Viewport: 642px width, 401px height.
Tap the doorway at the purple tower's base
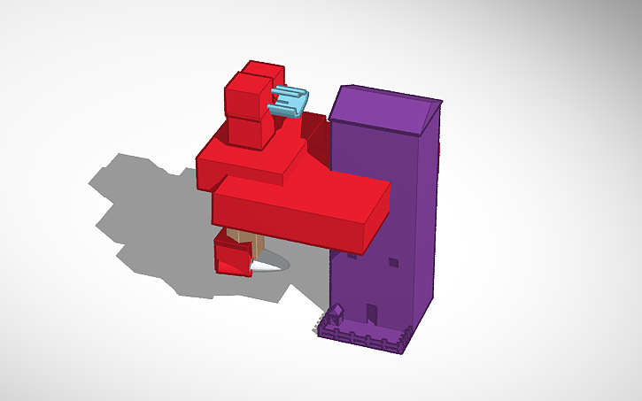pyautogui.click(x=372, y=313)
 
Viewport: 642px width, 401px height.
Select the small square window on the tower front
pyautogui.click(x=392, y=262)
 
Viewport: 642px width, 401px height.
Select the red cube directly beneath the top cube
pyautogui.click(x=251, y=131)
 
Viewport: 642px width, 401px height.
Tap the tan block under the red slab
pyautogui.click(x=244, y=238)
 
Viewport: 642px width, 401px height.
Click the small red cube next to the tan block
pyautogui.click(x=233, y=259)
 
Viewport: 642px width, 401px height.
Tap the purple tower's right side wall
pyautogui.click(x=427, y=221)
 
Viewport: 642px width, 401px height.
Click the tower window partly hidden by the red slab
pyautogui.click(x=352, y=255)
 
